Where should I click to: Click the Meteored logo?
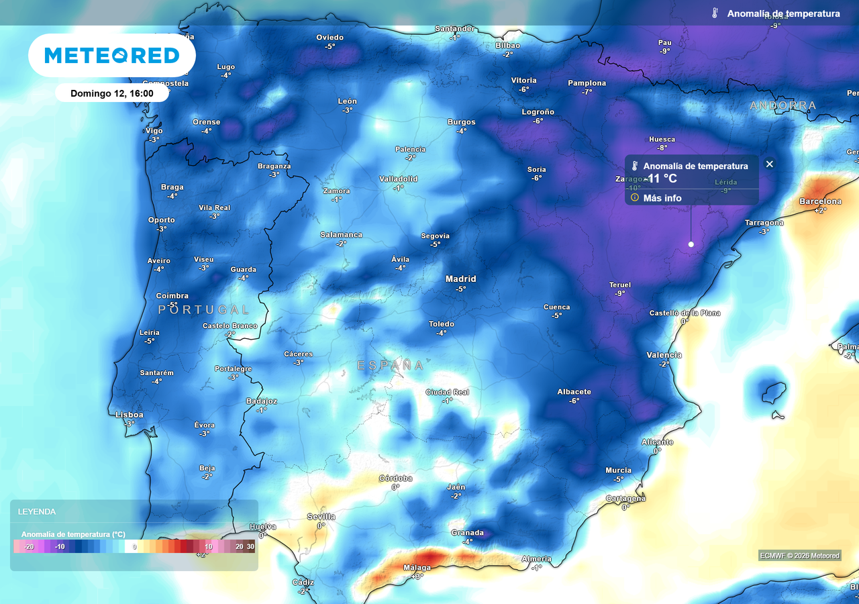pos(112,55)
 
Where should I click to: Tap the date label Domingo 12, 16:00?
pos(111,93)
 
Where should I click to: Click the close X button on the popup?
pos(770,164)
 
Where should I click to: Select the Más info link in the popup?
pos(662,198)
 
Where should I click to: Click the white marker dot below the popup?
pos(691,244)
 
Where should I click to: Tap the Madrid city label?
pos(460,279)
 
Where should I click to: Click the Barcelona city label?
pos(820,201)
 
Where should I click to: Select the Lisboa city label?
pos(129,415)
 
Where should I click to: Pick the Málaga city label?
pos(417,568)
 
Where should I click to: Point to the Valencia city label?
pos(664,355)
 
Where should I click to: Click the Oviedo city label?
pos(330,38)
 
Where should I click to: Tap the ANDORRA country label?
pos(782,105)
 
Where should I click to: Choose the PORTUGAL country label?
pos(204,309)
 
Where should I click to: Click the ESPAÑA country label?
pos(391,365)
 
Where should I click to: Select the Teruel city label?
pos(619,285)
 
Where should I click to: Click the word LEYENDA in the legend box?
pos(37,511)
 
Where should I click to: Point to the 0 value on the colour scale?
pos(135,547)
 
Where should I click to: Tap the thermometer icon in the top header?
pos(715,13)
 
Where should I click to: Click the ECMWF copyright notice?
pos(799,555)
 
